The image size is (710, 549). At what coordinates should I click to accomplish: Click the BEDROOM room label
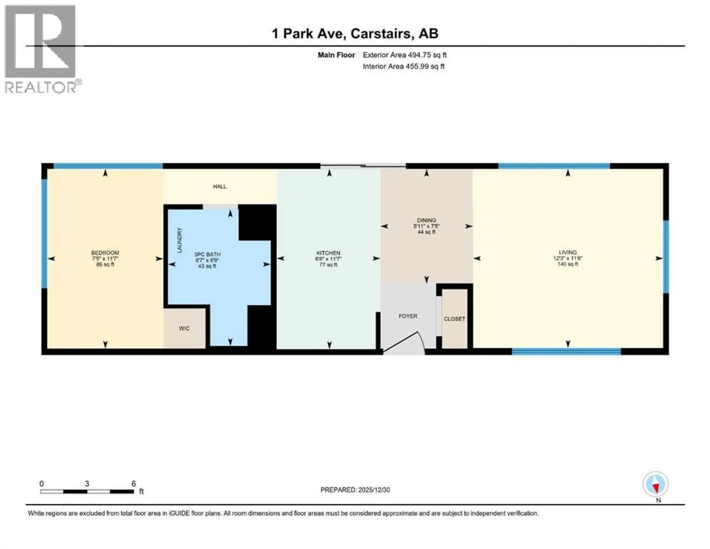[105, 253]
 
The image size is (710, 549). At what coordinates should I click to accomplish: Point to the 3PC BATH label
[207, 255]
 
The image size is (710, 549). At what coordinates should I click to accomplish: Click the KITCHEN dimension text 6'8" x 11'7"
[328, 259]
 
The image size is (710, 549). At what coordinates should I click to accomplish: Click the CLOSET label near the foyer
[454, 319]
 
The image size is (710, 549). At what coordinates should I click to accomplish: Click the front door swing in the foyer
[405, 343]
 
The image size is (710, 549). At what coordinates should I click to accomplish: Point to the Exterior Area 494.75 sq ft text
[404, 55]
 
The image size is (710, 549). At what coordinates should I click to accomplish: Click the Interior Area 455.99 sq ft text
[403, 66]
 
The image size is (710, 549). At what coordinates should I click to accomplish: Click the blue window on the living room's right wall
[666, 257]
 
